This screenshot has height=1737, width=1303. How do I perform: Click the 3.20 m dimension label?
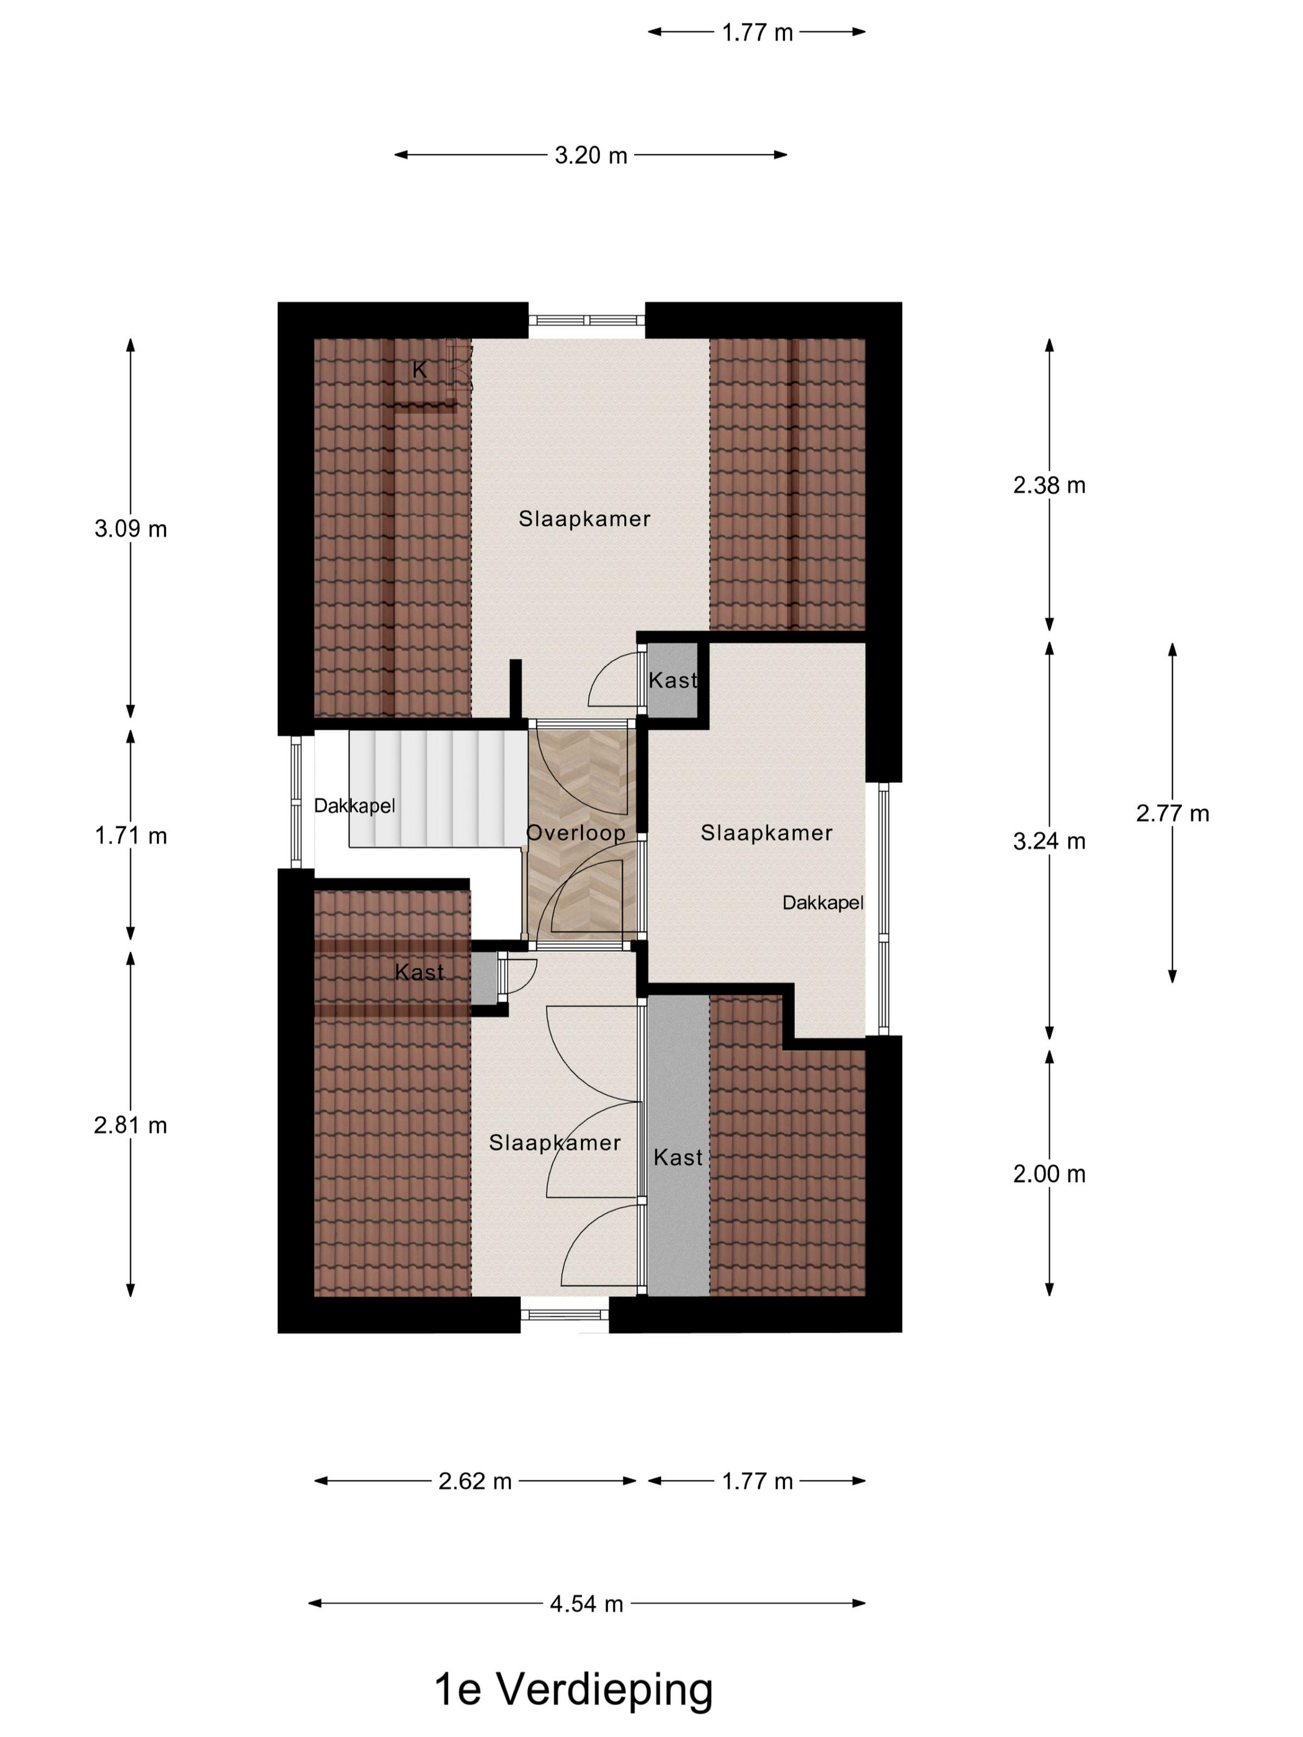[590, 156]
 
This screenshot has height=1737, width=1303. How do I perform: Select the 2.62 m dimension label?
[475, 1481]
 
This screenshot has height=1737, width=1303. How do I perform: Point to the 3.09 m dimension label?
[130, 529]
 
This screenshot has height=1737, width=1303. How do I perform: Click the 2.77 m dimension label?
[1172, 813]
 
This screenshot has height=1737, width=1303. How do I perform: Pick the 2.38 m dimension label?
[1049, 485]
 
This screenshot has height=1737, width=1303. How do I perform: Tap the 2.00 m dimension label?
[1049, 1174]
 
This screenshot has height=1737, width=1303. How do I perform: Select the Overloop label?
[576, 833]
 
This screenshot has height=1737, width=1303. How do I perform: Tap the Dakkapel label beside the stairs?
[354, 806]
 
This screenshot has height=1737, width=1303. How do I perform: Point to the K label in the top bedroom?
[419, 370]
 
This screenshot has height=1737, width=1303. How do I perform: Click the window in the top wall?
[586, 320]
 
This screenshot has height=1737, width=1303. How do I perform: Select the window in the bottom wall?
[564, 1314]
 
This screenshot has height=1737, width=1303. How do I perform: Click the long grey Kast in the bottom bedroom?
[677, 1146]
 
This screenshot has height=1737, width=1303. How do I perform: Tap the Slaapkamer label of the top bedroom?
[584, 519]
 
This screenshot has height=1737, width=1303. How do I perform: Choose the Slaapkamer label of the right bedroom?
[766, 833]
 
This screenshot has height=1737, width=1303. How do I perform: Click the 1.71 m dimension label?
[130, 836]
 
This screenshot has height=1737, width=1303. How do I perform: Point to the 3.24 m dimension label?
[1049, 842]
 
